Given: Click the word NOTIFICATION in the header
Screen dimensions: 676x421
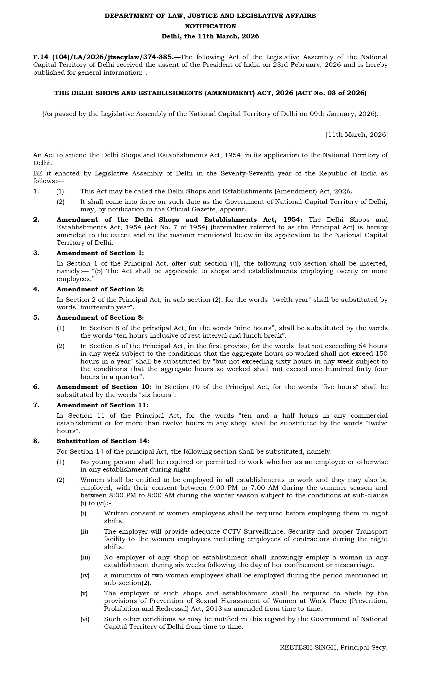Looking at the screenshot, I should coord(210,26).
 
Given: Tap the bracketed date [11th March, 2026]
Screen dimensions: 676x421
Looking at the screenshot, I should coord(357,135).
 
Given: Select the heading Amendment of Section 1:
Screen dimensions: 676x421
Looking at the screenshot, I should coord(100,253).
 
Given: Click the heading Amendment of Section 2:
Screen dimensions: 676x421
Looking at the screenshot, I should coord(100,289).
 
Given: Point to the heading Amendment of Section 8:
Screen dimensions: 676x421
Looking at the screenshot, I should coord(100,318).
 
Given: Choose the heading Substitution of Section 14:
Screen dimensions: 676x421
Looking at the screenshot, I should coord(103,441).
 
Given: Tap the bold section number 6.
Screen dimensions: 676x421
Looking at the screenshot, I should coord(37,387).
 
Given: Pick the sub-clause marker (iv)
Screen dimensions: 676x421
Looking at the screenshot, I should coord(85,575).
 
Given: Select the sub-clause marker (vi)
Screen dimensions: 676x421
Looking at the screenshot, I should coord(85,619).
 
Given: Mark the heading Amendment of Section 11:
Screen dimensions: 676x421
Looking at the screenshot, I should coord(102,405).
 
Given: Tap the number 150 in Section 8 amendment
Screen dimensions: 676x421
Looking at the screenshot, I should coord(381,353).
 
